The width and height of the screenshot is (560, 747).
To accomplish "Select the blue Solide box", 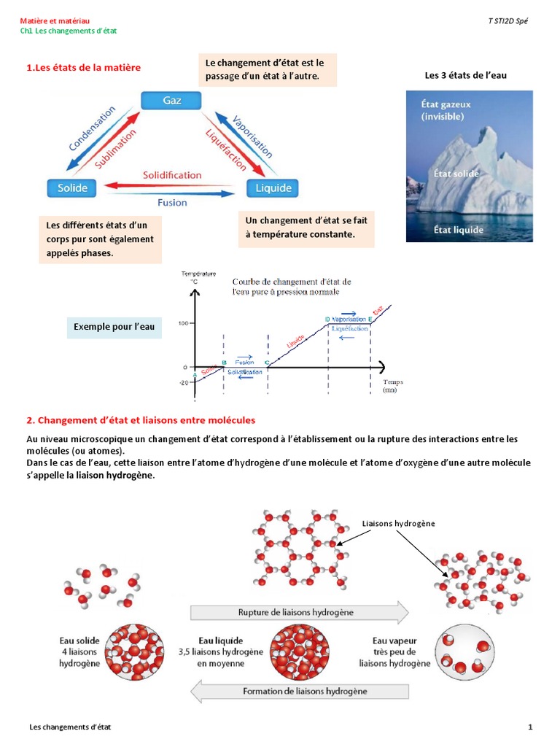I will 72,187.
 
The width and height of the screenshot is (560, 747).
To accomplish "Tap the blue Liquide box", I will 273,188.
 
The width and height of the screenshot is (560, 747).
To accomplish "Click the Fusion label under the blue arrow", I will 172,203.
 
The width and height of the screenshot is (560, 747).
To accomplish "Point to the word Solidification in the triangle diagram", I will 172,175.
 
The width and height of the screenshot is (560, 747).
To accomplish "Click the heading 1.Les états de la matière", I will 83,68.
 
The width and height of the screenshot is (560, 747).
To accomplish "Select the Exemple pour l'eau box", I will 114,327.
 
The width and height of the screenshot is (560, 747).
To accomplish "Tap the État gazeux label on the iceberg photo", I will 446,109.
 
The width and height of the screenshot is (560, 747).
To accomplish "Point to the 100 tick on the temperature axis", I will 183,322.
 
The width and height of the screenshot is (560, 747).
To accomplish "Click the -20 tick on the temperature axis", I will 182,382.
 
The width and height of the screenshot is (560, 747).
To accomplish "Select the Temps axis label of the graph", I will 392,382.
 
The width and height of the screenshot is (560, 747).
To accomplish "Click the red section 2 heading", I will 141,420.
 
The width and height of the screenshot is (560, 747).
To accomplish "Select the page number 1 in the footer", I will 531,727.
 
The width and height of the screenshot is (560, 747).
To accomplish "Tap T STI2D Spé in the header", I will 507,22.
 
